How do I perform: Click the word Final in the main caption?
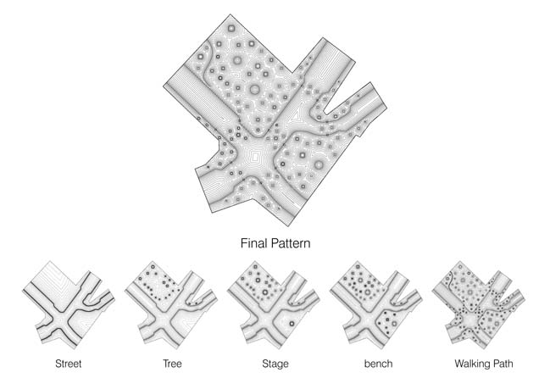(x=254, y=243)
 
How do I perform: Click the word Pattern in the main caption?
(x=291, y=243)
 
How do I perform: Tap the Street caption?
(x=69, y=364)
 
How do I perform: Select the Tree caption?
(x=172, y=364)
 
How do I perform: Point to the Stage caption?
(x=275, y=364)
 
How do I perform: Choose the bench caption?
(x=378, y=364)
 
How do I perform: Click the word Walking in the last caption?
(x=470, y=364)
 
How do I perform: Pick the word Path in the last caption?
(x=502, y=364)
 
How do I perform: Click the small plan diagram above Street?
(x=69, y=305)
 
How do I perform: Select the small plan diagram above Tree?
(x=171, y=305)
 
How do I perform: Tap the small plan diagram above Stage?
(x=274, y=305)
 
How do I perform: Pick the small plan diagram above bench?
(x=376, y=305)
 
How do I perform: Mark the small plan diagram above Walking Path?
(x=479, y=305)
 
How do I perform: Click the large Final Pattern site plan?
(x=275, y=120)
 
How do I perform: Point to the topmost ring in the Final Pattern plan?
(x=231, y=28)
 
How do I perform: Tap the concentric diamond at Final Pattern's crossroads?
(x=256, y=155)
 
